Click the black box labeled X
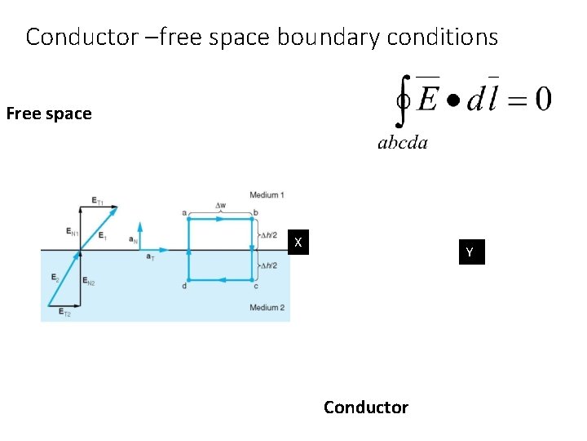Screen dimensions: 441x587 point(299,243)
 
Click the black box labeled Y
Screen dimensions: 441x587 point(470,253)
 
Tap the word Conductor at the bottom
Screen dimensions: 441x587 point(365,407)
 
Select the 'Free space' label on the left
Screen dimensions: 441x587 point(49,114)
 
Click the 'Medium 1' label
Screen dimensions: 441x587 point(267,195)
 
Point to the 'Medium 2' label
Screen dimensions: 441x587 point(267,307)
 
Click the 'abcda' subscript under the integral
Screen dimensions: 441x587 point(402,144)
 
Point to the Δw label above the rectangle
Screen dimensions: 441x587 point(220,205)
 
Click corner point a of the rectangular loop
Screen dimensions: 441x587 point(186,214)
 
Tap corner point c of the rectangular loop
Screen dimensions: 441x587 point(255,285)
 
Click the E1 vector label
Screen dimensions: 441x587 point(102,237)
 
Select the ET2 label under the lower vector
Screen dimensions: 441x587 point(64,314)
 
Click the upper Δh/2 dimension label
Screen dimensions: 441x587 point(268,235)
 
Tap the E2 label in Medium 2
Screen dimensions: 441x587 point(54,278)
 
